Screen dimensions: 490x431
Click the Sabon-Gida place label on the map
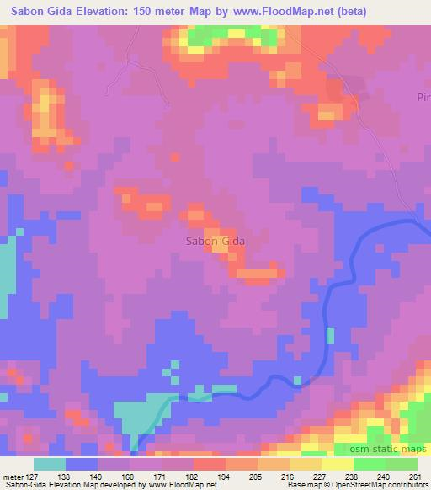(215, 241)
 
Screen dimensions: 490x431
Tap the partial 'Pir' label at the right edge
(423, 98)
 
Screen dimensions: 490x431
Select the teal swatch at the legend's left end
(50, 463)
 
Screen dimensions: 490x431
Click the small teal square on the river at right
(330, 335)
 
